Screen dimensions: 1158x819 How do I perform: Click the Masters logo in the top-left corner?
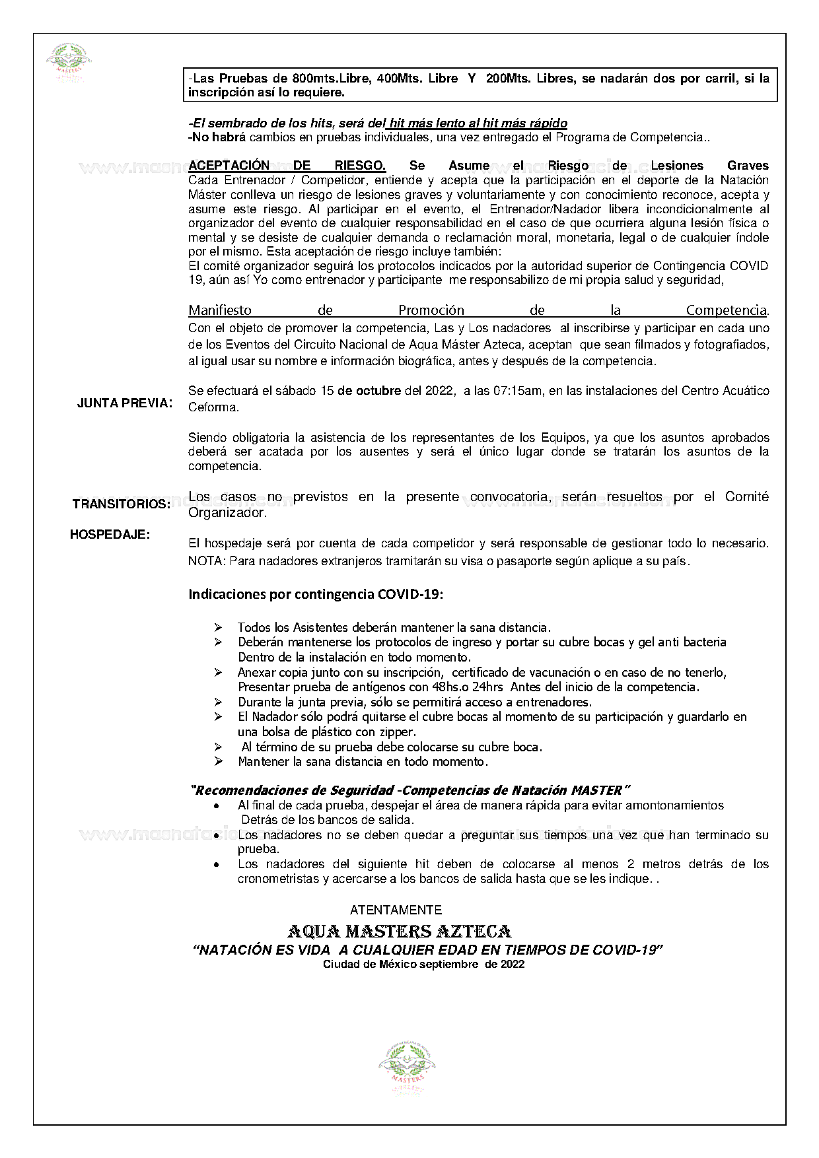(x=69, y=63)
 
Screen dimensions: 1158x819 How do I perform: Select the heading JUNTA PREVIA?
(x=125, y=403)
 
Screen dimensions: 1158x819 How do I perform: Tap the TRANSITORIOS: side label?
(x=121, y=504)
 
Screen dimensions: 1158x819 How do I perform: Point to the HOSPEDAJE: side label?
(x=110, y=535)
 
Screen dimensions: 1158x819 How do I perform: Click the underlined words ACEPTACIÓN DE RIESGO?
(x=287, y=165)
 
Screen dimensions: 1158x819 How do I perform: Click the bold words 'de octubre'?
(x=369, y=391)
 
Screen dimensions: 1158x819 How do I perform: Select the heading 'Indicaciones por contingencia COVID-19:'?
(x=316, y=594)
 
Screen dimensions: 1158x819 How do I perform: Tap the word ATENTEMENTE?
(x=396, y=910)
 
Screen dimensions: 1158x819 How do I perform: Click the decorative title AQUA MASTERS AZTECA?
(x=399, y=932)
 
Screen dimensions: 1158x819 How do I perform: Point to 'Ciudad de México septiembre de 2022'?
(x=423, y=964)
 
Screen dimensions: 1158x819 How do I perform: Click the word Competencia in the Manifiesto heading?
(x=727, y=310)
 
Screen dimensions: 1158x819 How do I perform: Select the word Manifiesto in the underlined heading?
(x=220, y=310)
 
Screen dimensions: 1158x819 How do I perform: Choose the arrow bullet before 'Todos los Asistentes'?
(x=218, y=627)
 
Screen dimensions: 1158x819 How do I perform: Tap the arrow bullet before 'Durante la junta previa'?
(x=218, y=702)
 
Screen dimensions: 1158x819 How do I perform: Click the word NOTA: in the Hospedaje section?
(x=206, y=561)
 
